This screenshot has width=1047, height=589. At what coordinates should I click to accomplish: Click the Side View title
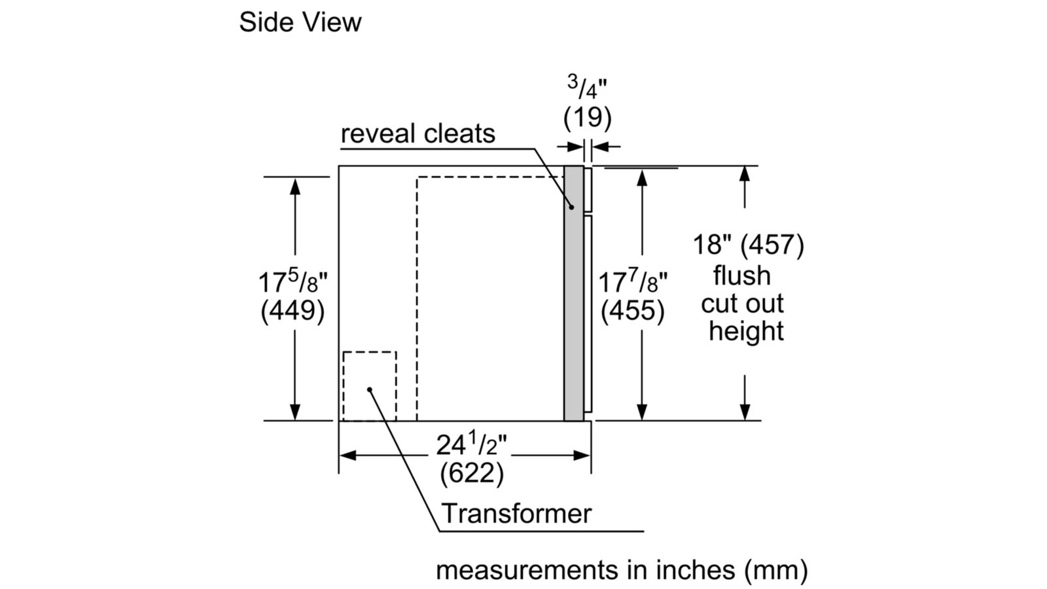click(300, 22)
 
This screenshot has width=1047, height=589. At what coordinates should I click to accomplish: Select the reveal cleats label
click(417, 134)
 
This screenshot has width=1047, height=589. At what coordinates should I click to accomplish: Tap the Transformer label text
click(516, 513)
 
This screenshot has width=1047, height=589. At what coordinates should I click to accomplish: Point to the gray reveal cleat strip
click(573, 293)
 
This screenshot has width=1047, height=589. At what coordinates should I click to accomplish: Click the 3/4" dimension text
click(586, 88)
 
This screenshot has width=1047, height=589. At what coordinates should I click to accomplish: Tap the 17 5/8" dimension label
click(293, 282)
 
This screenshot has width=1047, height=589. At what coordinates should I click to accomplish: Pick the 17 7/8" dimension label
click(633, 282)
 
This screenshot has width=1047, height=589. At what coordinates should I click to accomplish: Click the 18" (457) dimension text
click(749, 244)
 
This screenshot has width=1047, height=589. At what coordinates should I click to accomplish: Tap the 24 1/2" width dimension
click(472, 444)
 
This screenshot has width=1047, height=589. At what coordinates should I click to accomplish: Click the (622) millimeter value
click(472, 473)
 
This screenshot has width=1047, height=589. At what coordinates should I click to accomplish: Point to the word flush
click(742, 275)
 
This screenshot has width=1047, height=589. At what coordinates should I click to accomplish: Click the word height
click(746, 330)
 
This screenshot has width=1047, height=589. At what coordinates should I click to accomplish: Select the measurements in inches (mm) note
click(622, 570)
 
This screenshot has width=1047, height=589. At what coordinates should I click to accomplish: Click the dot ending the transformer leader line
click(369, 389)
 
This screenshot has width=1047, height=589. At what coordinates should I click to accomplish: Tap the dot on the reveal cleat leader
click(571, 207)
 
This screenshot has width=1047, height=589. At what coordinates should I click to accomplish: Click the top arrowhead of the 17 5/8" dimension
click(295, 186)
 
